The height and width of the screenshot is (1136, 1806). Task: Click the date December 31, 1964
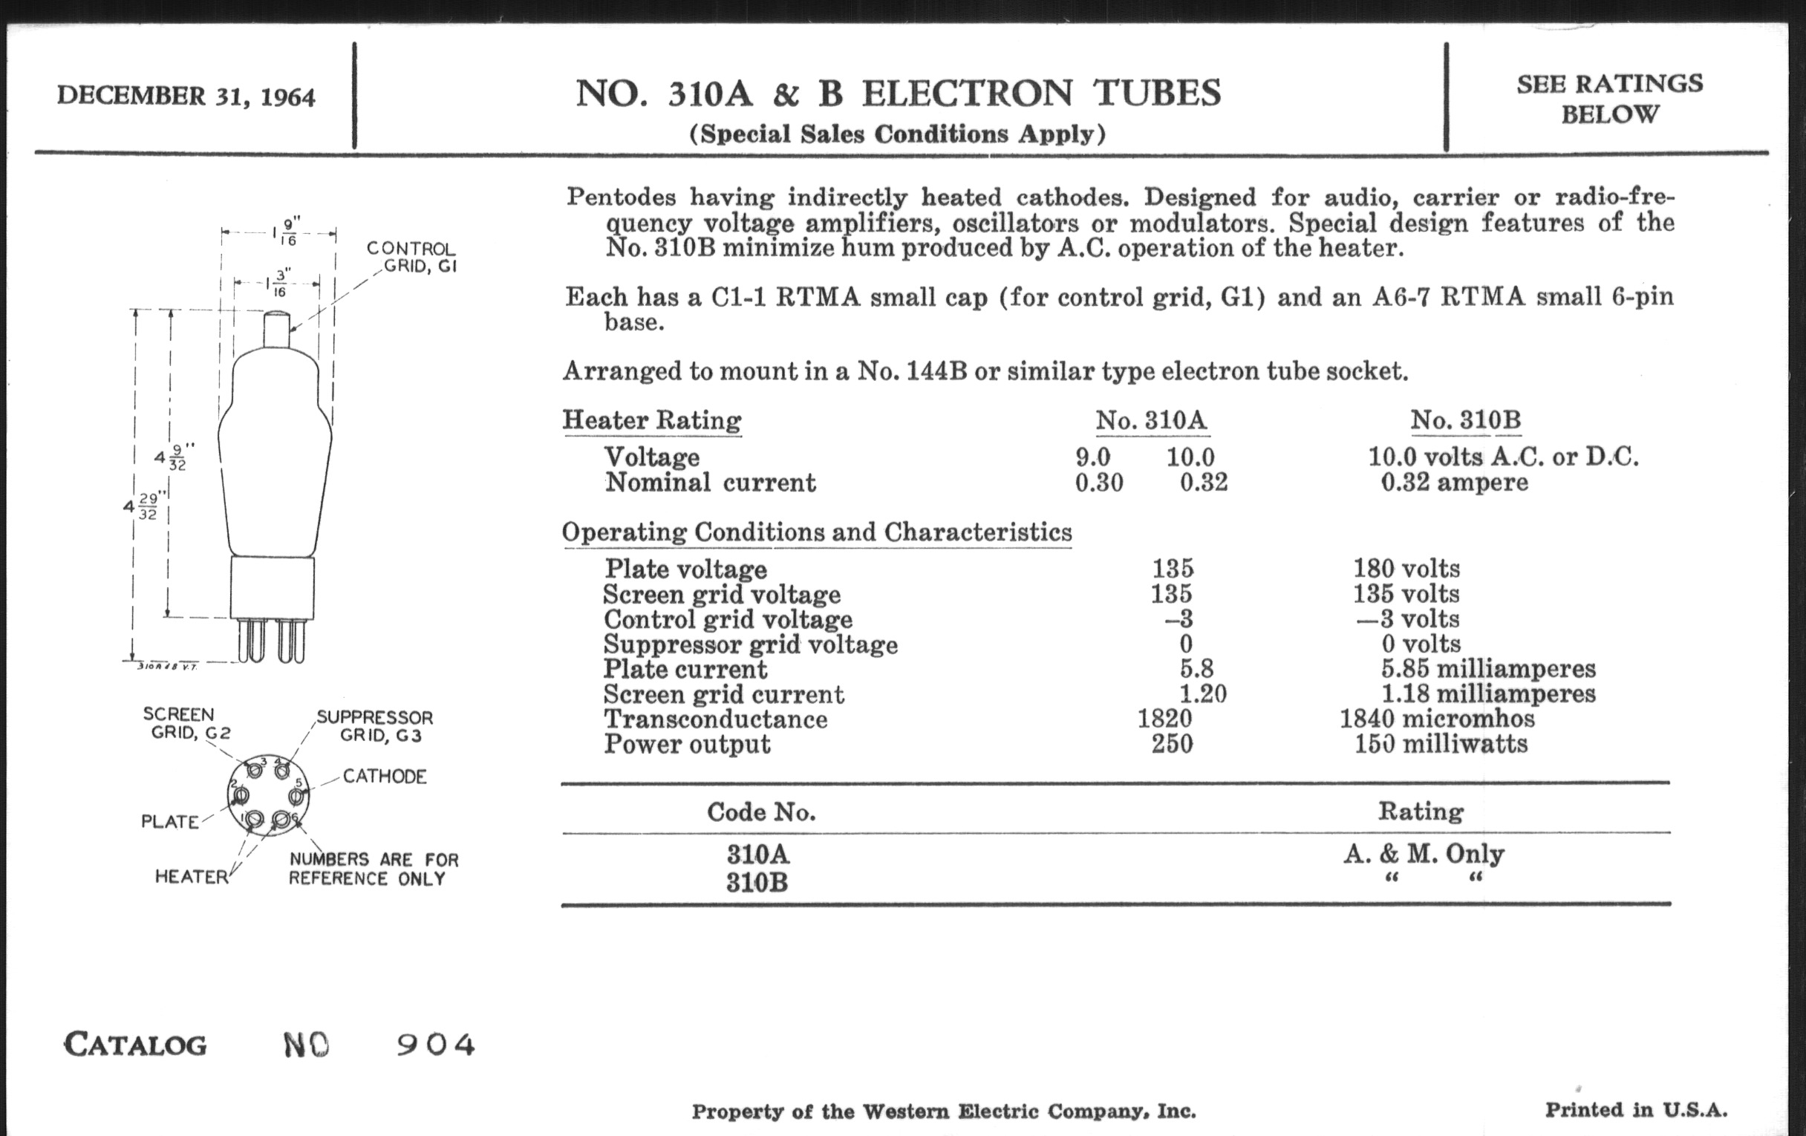click(186, 97)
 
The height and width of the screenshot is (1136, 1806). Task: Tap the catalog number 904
click(436, 1045)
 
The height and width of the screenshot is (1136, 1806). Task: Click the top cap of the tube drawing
click(277, 330)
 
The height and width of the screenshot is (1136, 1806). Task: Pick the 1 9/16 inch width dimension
click(284, 232)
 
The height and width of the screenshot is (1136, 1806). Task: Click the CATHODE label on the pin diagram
click(385, 776)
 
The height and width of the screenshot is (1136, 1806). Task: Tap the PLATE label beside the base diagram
click(170, 822)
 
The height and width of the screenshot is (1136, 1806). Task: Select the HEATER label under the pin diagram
click(192, 877)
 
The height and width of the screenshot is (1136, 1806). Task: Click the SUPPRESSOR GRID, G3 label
click(375, 726)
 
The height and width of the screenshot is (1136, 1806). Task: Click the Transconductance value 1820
click(1164, 718)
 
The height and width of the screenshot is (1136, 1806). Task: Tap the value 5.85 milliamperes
click(1488, 668)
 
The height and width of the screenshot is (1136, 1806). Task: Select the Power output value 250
click(1173, 744)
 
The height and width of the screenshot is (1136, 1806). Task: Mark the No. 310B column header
click(1464, 420)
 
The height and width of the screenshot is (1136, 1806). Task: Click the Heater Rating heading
click(652, 420)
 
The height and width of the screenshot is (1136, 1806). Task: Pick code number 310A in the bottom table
click(757, 854)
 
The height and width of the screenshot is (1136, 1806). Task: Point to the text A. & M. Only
click(1424, 854)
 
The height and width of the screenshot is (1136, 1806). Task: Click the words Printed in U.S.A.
click(1636, 1110)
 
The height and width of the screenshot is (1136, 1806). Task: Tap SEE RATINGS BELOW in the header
click(1609, 98)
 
